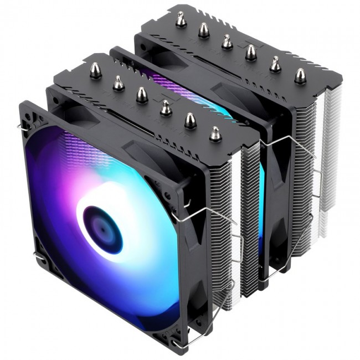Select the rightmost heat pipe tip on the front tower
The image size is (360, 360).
pyautogui.click(x=214, y=133)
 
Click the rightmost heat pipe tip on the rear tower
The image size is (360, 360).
pyautogui.click(x=300, y=75)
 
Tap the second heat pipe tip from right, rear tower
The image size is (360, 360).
pyautogui.click(x=275, y=64)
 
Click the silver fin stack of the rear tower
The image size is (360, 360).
pyautogui.click(x=327, y=166)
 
